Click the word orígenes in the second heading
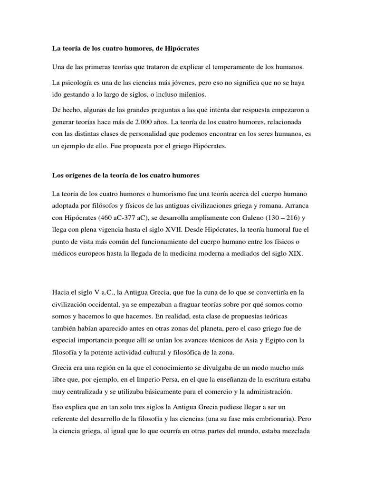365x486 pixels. [77, 176]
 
